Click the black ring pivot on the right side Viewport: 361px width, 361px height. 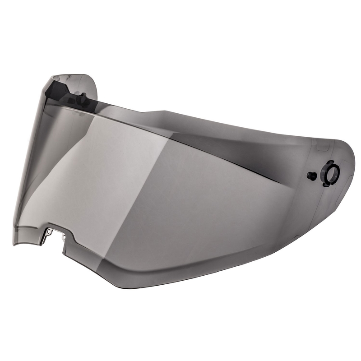pyautogui.click(x=330, y=173)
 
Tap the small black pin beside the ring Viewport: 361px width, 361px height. pyautogui.click(x=311, y=176)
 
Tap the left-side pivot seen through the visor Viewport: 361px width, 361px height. pyautogui.click(x=83, y=98)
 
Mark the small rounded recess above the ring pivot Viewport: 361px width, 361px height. pyautogui.click(x=321, y=147)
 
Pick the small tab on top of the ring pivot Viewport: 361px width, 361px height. pyautogui.click(x=331, y=163)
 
